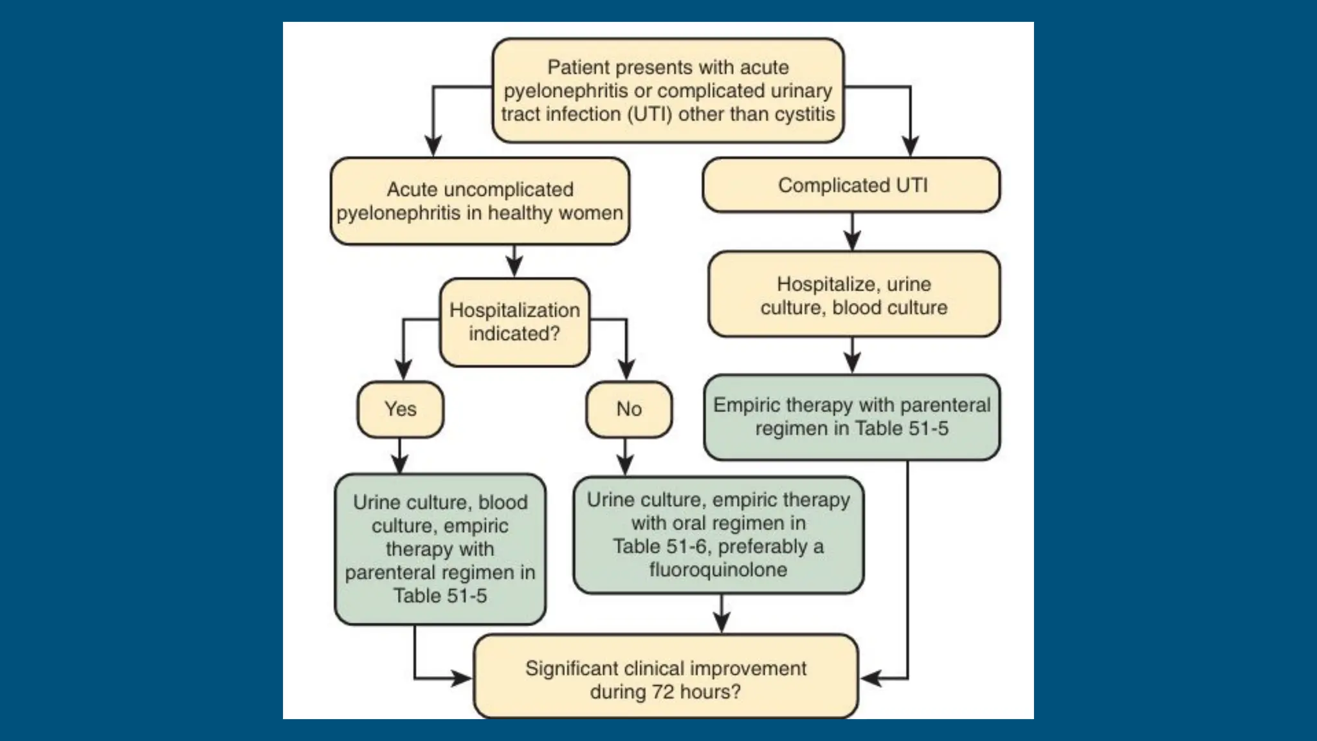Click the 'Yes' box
(400, 410)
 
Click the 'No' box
(628, 410)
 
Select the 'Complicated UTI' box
(851, 185)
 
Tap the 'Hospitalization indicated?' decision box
(514, 322)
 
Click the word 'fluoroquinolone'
(718, 570)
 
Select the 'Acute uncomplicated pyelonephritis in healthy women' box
(480, 201)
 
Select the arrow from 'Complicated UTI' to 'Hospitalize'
(852, 232)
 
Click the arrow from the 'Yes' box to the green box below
(400, 457)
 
